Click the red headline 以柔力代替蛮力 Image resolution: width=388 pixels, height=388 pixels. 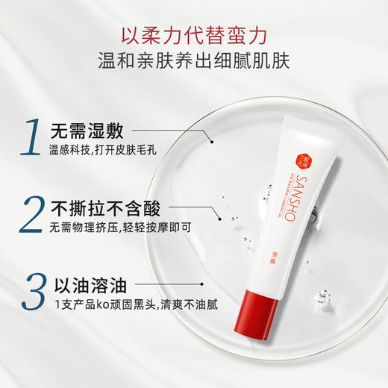coord(194,35)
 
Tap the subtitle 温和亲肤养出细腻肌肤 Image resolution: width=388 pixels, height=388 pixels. coord(194,57)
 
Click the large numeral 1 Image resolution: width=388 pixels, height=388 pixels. coord(31,135)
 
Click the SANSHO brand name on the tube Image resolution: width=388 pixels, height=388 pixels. coord(290,201)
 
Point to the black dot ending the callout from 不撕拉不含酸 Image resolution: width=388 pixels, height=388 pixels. coord(219,219)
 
